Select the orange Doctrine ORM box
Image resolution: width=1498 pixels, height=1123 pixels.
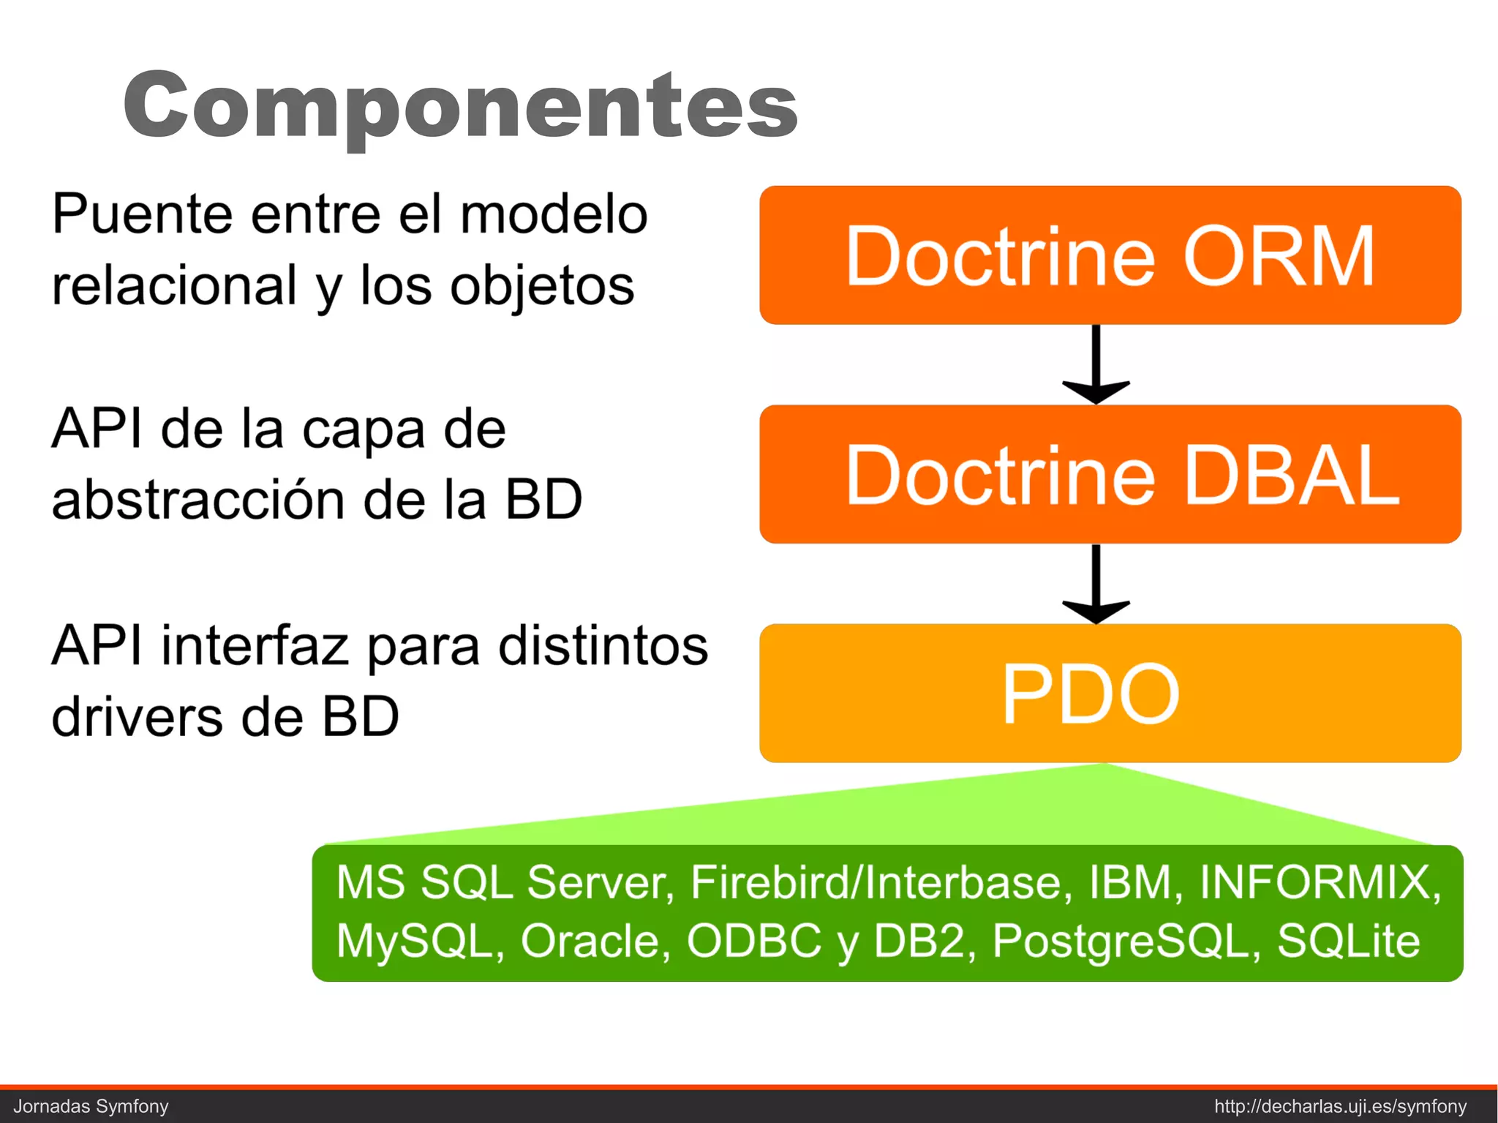coord(1110,255)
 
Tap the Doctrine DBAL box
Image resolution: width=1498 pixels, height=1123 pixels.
coord(1110,474)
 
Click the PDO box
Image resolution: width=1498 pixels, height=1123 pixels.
coord(1110,693)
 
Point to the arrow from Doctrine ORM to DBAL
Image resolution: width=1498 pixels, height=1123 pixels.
coord(1096,364)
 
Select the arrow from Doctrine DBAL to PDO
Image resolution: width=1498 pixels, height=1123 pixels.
coord(1096,583)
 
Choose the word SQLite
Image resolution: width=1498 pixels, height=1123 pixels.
coord(1348,941)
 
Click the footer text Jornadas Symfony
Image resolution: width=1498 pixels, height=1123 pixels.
coord(91,1106)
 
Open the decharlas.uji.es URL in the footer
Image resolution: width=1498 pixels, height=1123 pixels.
coord(1340,1106)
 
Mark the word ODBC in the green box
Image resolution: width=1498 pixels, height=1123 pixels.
coord(753,941)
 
